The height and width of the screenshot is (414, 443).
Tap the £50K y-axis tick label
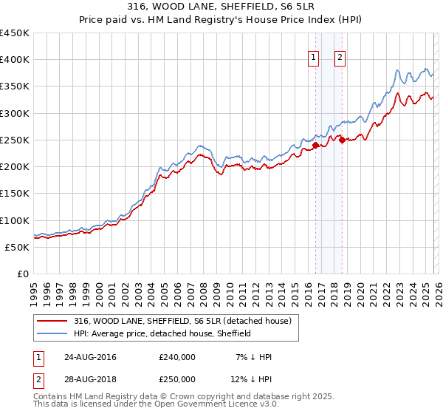point(18,247)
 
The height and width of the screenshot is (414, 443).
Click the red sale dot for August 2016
point(315,146)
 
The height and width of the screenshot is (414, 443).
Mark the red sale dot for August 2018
point(341,140)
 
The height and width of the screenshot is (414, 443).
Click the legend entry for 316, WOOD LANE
point(183,321)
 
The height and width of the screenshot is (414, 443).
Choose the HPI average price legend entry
point(162,333)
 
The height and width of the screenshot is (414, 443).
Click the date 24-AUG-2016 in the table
point(90,357)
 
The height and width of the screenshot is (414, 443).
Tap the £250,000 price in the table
point(177,379)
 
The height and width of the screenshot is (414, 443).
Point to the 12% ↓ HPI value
point(253,379)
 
